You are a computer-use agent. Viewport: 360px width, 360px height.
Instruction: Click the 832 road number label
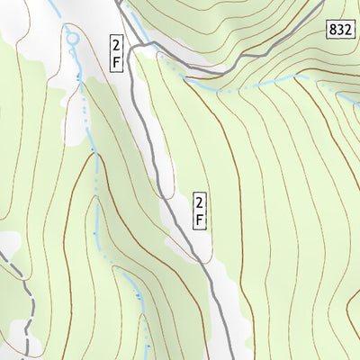(339, 30)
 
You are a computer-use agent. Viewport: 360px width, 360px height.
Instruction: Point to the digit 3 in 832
(339, 30)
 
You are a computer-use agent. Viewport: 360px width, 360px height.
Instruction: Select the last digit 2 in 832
(346, 30)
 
